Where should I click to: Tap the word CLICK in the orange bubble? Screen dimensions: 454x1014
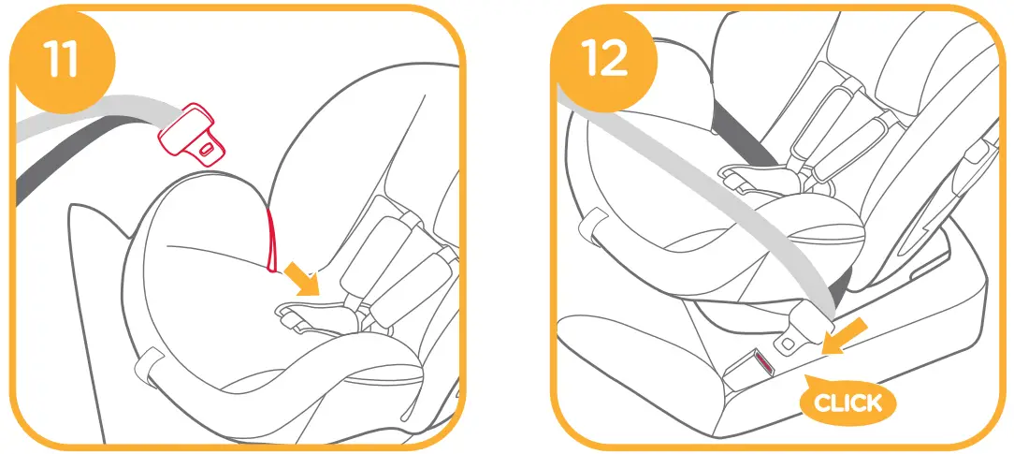847,403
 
